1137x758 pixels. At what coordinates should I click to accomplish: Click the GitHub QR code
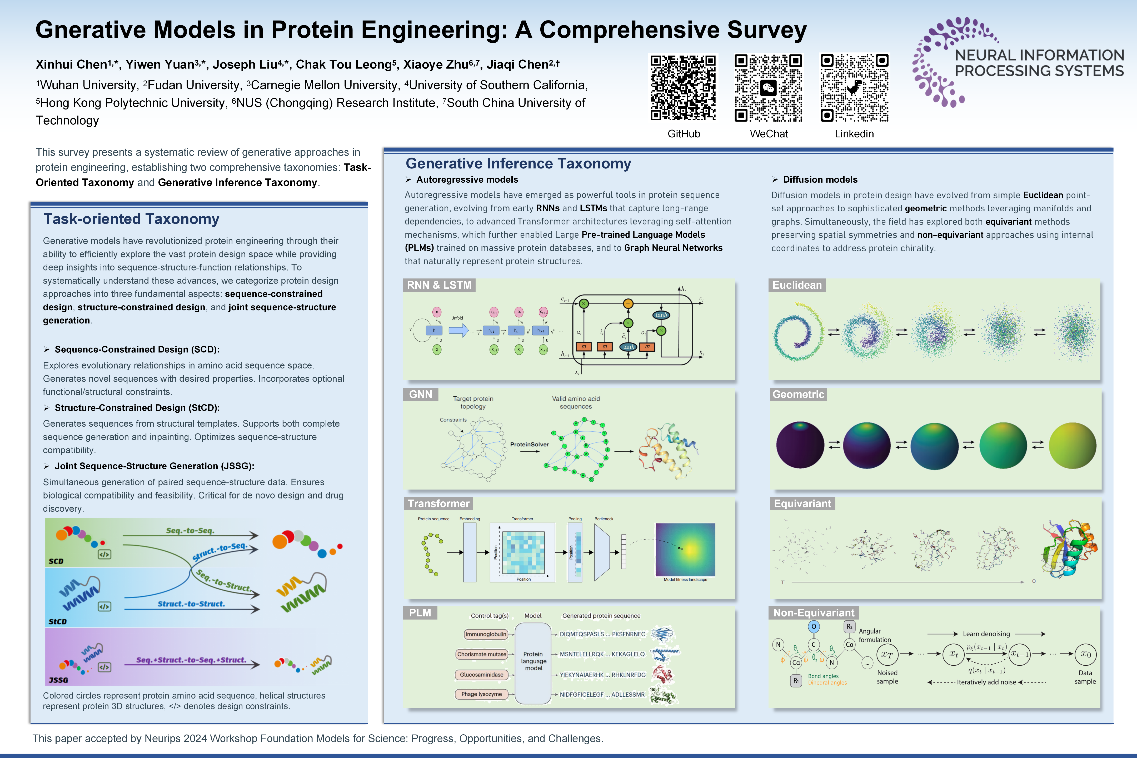(x=683, y=87)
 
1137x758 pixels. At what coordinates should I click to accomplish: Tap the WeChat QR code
(x=768, y=87)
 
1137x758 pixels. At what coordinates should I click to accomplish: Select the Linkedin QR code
(x=854, y=87)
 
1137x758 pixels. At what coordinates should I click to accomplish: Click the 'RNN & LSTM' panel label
(x=439, y=285)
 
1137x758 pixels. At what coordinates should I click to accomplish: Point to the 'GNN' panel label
(x=421, y=395)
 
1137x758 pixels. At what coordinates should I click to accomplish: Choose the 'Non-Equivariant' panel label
(x=814, y=613)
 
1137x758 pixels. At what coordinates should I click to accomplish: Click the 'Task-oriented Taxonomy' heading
(x=132, y=219)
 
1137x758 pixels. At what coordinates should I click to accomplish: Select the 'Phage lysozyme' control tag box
(x=481, y=694)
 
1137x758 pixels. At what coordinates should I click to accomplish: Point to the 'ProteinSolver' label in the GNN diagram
(x=529, y=444)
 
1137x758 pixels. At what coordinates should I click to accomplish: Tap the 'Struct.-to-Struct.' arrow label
(x=191, y=604)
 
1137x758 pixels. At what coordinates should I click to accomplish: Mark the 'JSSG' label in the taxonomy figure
(x=58, y=680)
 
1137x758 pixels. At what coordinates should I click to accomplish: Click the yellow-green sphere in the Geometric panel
(x=1072, y=445)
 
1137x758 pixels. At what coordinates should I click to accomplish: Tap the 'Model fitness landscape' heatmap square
(x=685, y=550)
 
